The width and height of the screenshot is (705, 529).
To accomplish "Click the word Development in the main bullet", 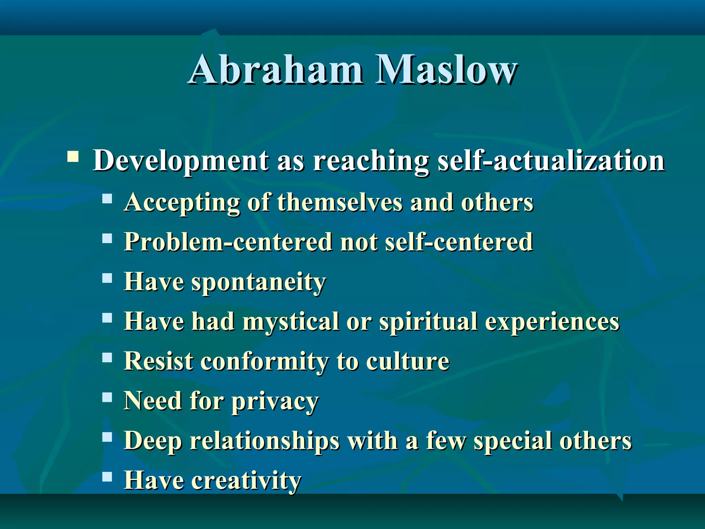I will (181, 161).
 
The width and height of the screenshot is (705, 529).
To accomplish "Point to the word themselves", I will (340, 202).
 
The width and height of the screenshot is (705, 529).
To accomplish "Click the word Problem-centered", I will (229, 242).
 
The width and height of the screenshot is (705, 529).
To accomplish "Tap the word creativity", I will (246, 480).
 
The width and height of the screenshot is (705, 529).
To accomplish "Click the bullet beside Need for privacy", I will (107, 397).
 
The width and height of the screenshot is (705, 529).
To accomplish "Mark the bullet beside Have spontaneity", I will (107, 278).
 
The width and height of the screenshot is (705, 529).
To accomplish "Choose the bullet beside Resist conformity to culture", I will (107, 357).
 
